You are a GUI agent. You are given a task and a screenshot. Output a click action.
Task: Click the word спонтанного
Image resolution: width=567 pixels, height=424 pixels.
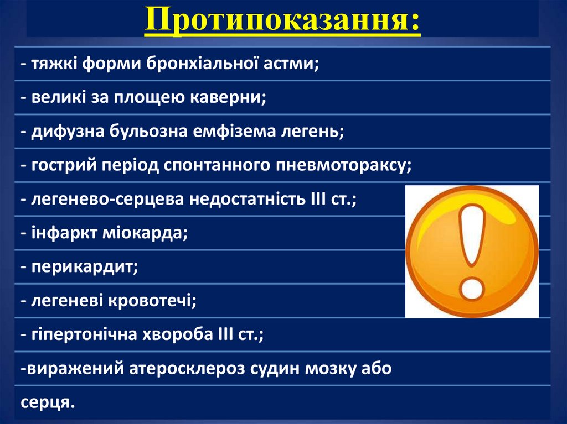pyautogui.click(x=216, y=165)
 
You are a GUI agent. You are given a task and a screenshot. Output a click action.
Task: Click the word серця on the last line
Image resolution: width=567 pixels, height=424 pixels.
pyautogui.click(x=47, y=402)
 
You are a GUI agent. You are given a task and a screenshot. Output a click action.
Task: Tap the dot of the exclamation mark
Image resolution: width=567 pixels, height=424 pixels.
pyautogui.click(x=471, y=287)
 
